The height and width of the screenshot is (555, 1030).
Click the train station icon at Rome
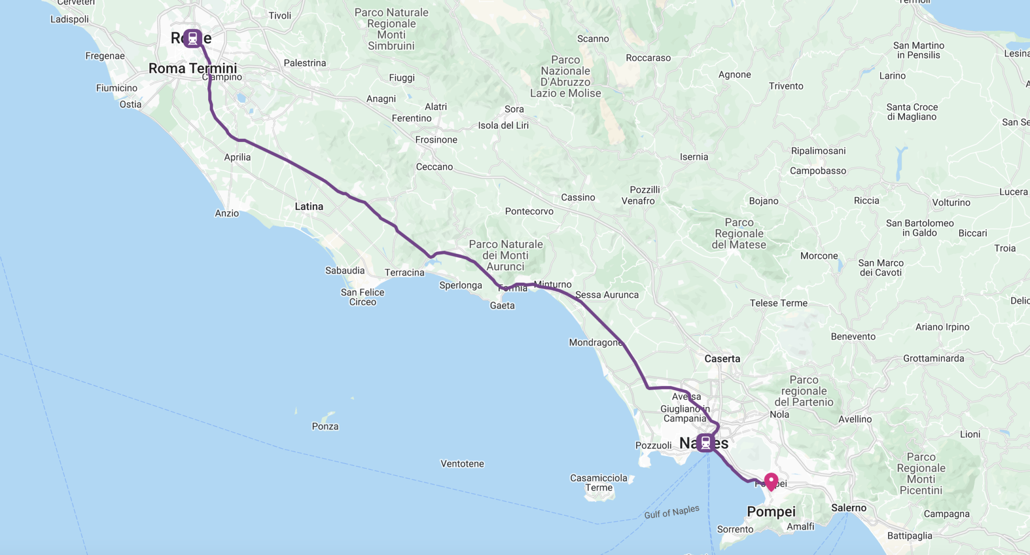coord(193,38)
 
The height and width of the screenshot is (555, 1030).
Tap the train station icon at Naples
coord(706,443)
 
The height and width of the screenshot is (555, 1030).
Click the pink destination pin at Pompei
coord(771,481)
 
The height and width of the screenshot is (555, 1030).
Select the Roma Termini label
coord(193,68)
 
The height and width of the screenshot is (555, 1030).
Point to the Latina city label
coord(309,206)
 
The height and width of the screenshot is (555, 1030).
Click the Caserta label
coord(722,359)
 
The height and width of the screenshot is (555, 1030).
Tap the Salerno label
coord(848,508)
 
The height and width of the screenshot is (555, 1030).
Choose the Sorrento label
coord(735,529)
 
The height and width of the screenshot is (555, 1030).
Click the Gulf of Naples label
coord(671,512)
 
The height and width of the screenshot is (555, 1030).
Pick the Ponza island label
coord(325,426)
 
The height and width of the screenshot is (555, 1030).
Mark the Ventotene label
coord(462,463)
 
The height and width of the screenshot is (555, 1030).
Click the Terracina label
coord(404,272)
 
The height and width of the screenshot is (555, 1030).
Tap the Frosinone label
coord(436,139)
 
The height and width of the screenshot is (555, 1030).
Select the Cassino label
coord(578,197)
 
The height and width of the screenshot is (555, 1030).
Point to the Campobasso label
coord(818,171)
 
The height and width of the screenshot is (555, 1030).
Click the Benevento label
coord(853,336)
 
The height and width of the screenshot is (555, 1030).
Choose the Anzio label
coord(227,213)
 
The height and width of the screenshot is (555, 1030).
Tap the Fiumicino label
coord(117,88)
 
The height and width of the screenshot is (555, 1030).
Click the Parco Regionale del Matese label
coord(739,233)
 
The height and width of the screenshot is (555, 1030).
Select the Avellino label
coord(855,419)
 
